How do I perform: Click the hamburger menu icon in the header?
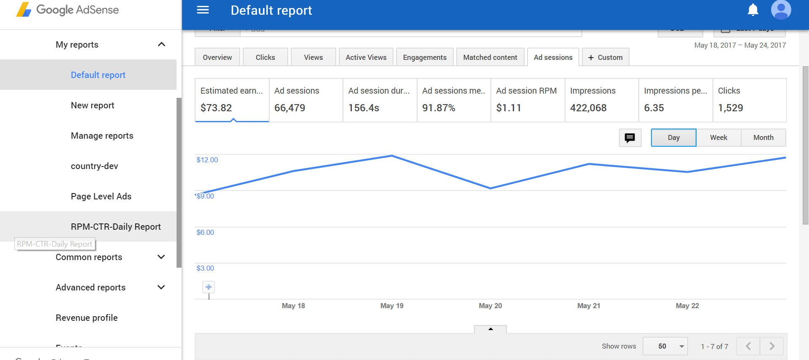tap(203, 10)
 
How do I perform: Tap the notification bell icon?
tap(753, 10)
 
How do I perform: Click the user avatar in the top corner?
tap(781, 10)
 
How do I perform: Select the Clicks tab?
tap(265, 57)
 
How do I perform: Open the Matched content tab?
tap(490, 57)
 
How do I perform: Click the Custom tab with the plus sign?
tap(605, 57)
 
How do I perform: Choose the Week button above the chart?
tap(718, 137)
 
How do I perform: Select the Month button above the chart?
tap(763, 137)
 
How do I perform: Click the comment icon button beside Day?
tap(630, 138)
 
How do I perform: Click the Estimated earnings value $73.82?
tap(216, 108)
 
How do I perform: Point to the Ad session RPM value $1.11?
tap(509, 108)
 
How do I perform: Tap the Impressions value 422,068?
tap(588, 108)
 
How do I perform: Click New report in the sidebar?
tap(92, 105)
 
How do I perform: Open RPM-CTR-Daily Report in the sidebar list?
tap(115, 227)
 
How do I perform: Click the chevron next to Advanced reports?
tap(161, 287)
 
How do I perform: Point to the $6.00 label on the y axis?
tap(205, 232)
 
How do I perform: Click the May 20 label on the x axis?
tap(490, 306)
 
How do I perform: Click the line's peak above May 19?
tap(392, 156)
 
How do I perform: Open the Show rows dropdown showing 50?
tap(665, 346)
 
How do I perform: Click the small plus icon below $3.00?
tap(209, 287)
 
